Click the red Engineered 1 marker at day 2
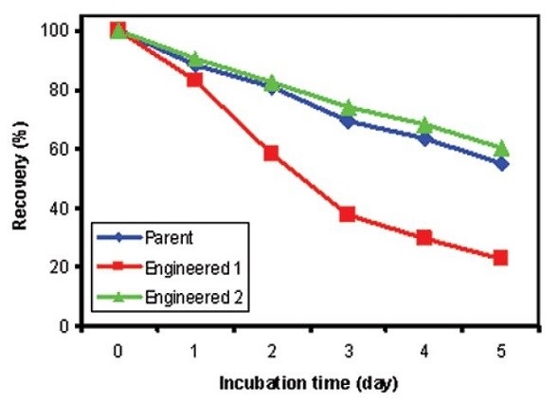tap(271, 153)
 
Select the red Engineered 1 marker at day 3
tap(348, 214)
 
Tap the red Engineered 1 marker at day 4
tap(424, 237)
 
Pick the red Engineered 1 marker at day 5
tap(501, 257)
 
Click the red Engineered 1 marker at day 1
tap(194, 80)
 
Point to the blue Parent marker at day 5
tap(501, 163)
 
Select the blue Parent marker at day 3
tap(348, 121)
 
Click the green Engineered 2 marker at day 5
tap(501, 148)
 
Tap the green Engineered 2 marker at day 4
tap(424, 125)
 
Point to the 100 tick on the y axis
tap(59, 31)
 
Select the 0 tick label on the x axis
tap(117, 350)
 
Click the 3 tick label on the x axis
tap(348, 350)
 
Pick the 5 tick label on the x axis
tap(501, 350)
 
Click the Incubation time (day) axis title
tap(309, 384)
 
